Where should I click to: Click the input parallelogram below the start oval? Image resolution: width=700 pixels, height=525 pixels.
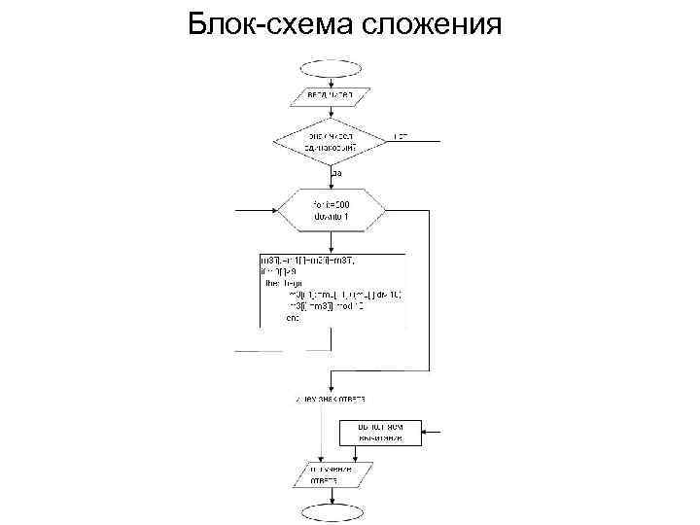point(329,96)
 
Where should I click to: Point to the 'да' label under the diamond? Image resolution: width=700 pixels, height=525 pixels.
point(336,173)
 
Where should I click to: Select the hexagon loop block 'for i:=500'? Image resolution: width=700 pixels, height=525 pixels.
point(332,210)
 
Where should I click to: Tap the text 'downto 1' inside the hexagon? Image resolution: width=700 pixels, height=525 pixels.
point(332,217)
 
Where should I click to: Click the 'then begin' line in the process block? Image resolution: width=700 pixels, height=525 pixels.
point(284,284)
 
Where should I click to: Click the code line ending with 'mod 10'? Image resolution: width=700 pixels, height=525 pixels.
point(325,305)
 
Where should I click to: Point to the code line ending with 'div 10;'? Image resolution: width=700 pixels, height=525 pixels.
point(345,295)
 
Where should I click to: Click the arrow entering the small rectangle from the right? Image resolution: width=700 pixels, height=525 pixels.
point(433,433)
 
